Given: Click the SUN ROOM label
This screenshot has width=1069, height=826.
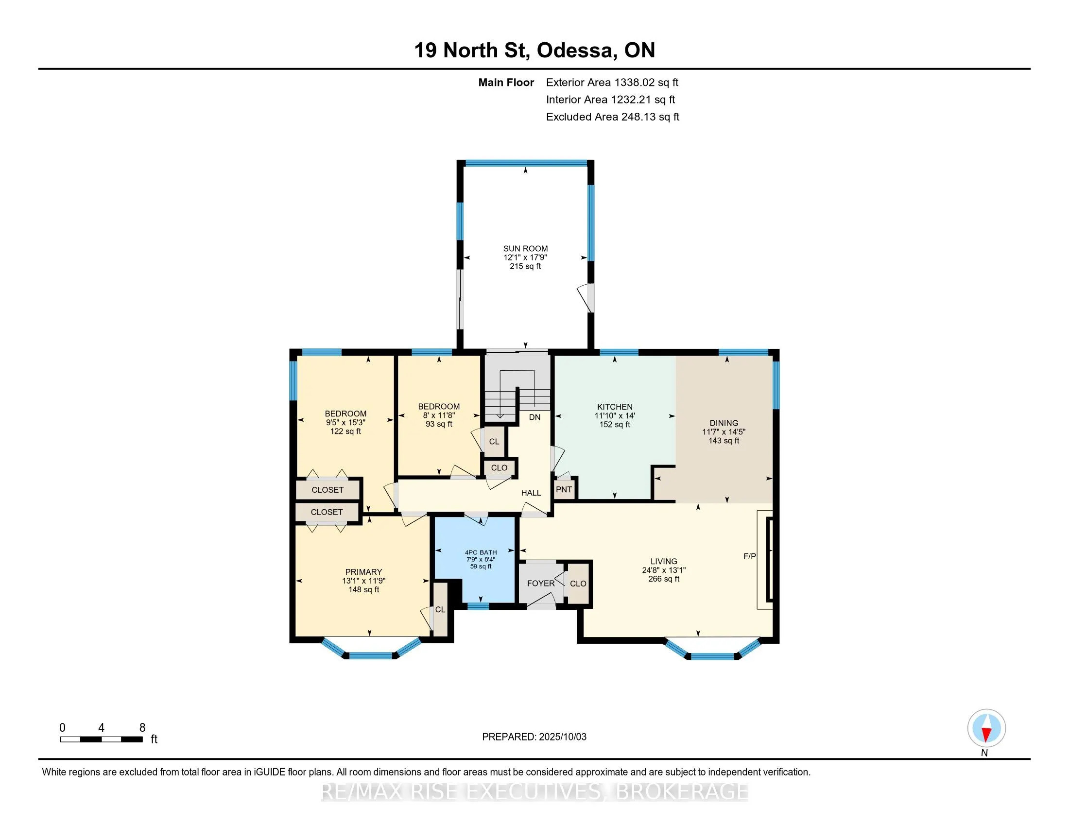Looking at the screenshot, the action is pyautogui.click(x=525, y=249).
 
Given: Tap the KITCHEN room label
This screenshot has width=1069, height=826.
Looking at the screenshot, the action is pyautogui.click(x=615, y=407).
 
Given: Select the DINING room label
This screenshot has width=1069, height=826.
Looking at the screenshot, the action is pyautogui.click(x=724, y=423).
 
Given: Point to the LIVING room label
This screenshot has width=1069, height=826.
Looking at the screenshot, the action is pyautogui.click(x=664, y=561).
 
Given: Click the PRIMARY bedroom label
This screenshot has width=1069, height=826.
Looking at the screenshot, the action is pyautogui.click(x=363, y=572).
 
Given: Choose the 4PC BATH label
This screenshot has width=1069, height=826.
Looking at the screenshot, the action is pyautogui.click(x=481, y=552).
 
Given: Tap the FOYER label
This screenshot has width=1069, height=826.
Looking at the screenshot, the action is pyautogui.click(x=541, y=583).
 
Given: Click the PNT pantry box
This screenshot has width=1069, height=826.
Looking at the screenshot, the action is pyautogui.click(x=564, y=489).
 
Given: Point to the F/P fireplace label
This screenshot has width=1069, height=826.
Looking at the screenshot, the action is pyautogui.click(x=750, y=556).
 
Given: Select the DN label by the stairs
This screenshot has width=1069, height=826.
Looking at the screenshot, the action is pyautogui.click(x=535, y=417).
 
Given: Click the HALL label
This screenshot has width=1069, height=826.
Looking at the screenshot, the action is pyautogui.click(x=531, y=493).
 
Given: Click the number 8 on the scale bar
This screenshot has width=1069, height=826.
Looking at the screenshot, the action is pyautogui.click(x=142, y=728).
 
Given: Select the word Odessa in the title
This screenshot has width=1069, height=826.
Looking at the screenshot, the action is pyautogui.click(x=575, y=51).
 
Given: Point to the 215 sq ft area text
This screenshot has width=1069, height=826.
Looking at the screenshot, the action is pyautogui.click(x=525, y=266).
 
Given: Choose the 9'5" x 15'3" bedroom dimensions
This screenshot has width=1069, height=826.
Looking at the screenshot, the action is pyautogui.click(x=345, y=422).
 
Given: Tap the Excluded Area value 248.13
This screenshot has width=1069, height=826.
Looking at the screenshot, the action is pyautogui.click(x=641, y=117).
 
